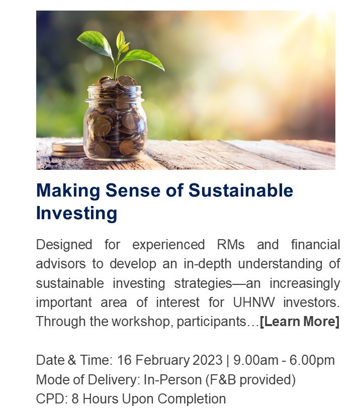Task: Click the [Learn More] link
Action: [300, 322]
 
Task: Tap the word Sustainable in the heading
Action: [241, 190]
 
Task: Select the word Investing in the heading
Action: [76, 214]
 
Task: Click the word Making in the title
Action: [68, 190]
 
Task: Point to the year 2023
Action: [208, 360]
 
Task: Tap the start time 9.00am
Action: [255, 360]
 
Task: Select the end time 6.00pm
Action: [312, 361]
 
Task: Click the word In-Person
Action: [172, 380]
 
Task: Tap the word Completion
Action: [192, 399]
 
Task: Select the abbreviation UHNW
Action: [254, 302]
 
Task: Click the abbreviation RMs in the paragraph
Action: [231, 245]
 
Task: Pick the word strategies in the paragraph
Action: [203, 284]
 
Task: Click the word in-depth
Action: [208, 264]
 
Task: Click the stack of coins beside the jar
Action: [68, 148]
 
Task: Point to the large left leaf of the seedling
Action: [95, 43]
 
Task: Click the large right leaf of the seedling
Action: [143, 59]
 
